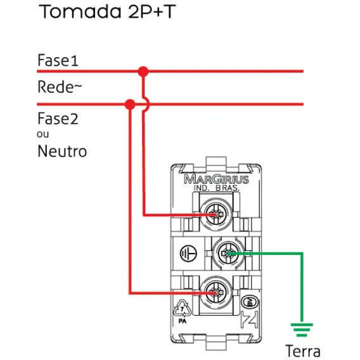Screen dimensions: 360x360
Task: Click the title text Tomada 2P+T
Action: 107,11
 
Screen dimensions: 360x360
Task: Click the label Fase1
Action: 58,60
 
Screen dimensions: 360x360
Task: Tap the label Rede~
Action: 60,87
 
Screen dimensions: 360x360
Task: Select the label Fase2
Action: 58,119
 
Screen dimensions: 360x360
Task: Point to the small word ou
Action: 42,134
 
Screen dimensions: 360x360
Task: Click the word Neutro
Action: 62,151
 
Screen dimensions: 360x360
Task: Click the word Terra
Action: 302,351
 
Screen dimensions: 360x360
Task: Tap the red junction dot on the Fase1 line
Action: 143,72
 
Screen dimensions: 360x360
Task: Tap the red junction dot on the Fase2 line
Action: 130,105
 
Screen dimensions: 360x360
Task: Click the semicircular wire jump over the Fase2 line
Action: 148,105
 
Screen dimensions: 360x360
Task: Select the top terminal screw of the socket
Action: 216,215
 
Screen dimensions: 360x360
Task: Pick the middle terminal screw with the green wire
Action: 228,254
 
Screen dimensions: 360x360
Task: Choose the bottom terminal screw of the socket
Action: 216,293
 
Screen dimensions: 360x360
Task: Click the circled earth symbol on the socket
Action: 188,254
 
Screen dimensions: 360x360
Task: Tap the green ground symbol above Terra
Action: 302,330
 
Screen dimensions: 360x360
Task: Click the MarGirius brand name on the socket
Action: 216,179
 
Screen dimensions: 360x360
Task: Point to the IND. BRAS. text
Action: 216,188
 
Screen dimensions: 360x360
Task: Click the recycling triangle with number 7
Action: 183,308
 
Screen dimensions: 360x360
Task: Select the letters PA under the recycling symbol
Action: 183,321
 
